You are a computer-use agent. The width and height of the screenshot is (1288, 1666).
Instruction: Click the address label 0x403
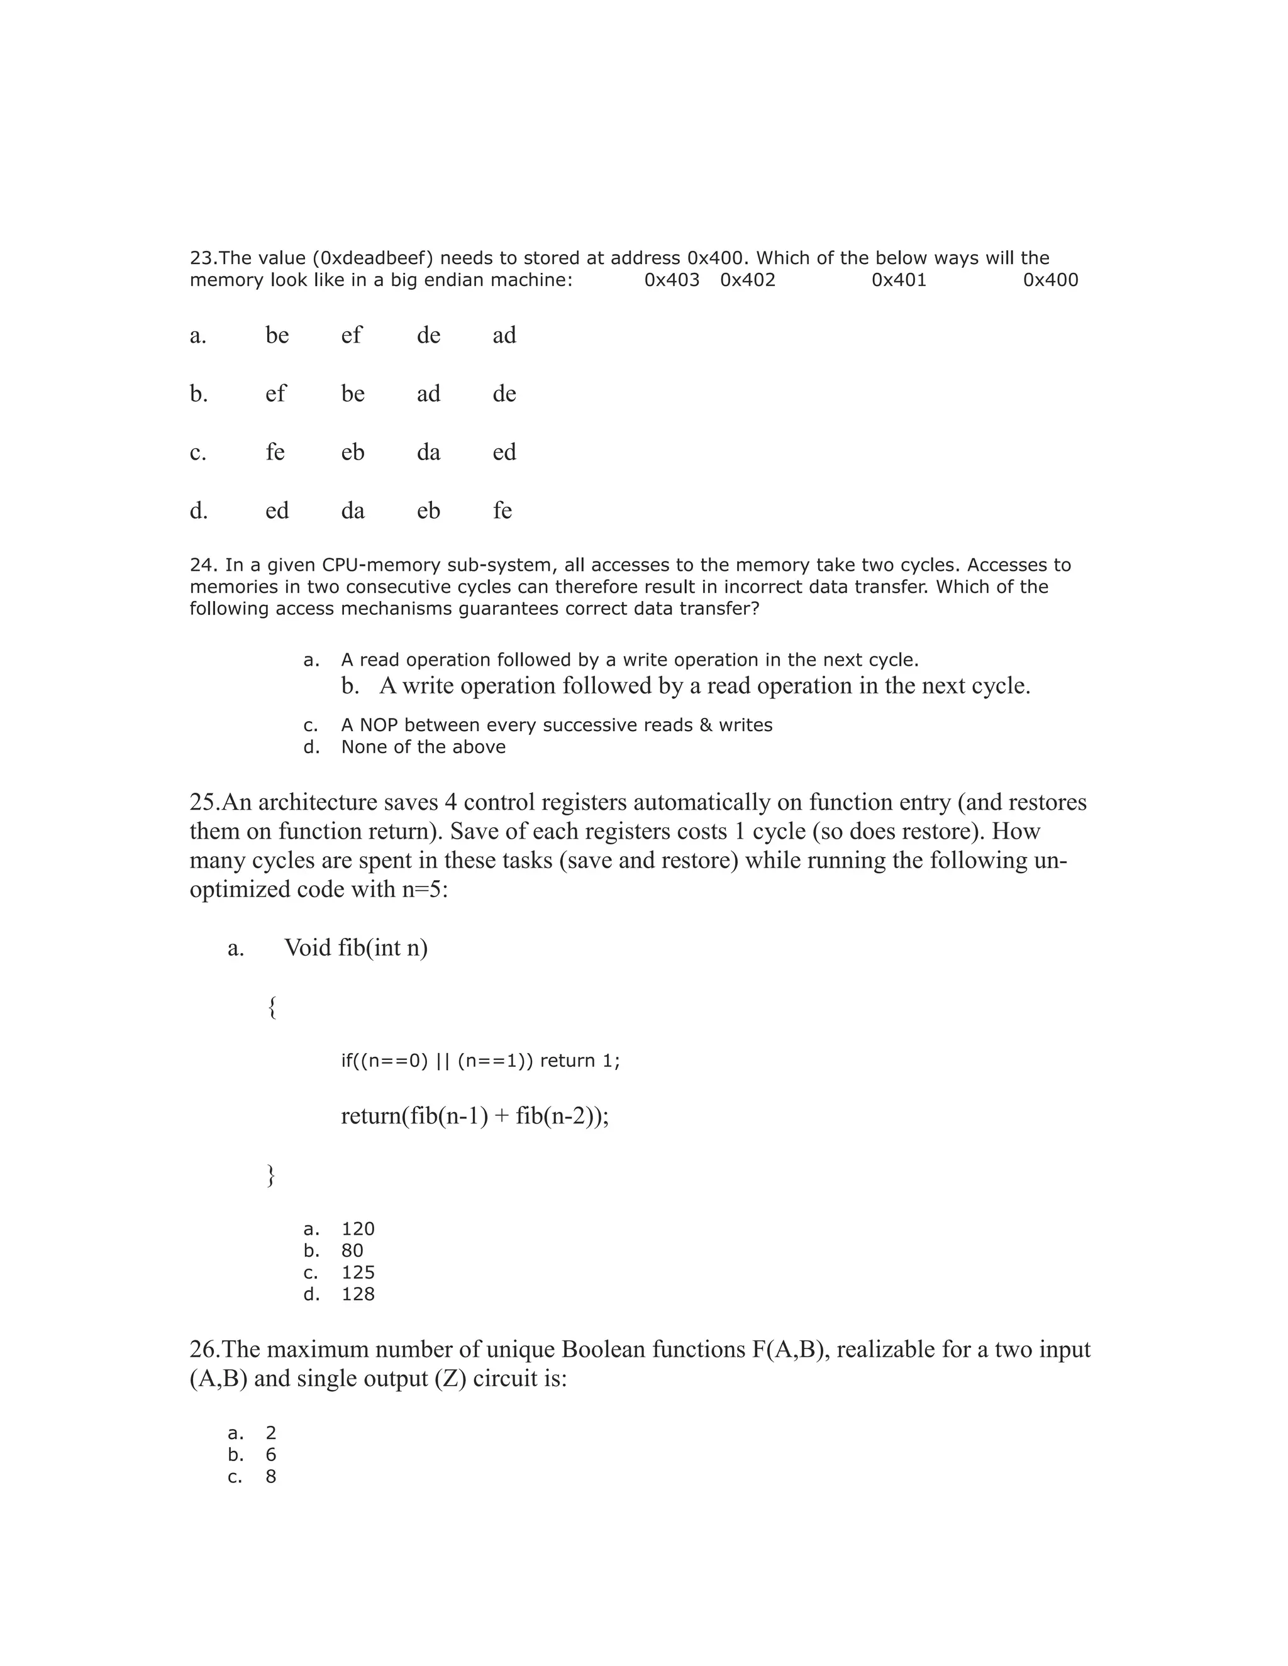click(672, 280)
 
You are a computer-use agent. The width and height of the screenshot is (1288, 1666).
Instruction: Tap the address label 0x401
click(899, 280)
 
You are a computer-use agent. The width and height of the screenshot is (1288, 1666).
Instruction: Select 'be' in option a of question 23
click(277, 335)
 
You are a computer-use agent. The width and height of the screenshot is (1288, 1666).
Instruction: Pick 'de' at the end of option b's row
click(504, 394)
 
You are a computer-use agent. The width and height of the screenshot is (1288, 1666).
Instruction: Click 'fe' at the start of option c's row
click(275, 453)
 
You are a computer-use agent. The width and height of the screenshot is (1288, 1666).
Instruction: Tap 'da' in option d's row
click(353, 510)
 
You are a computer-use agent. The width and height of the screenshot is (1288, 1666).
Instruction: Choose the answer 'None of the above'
click(423, 747)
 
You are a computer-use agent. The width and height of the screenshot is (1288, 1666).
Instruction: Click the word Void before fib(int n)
click(308, 948)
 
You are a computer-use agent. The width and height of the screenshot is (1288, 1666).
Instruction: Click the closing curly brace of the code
click(271, 1176)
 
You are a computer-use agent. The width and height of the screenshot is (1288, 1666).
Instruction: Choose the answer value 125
click(358, 1272)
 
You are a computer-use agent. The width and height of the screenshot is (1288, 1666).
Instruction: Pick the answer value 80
click(353, 1250)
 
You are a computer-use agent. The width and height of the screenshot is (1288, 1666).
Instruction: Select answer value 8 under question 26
click(271, 1476)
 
